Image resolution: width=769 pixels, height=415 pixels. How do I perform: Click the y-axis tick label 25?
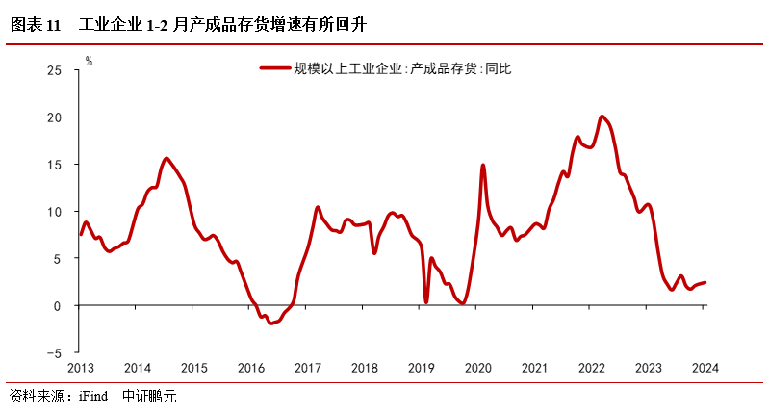pyautogui.click(x=55, y=70)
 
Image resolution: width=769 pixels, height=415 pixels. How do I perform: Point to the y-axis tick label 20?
pyautogui.click(x=55, y=117)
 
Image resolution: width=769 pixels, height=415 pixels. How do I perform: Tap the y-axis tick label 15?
pyautogui.click(x=55, y=165)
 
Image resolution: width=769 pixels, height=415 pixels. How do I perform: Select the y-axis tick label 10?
pyautogui.click(x=55, y=212)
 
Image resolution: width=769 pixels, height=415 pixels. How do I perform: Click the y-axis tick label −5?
pyautogui.click(x=54, y=353)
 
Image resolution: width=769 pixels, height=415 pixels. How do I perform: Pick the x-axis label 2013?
pyautogui.click(x=81, y=368)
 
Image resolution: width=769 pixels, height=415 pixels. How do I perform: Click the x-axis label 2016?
pyautogui.click(x=250, y=368)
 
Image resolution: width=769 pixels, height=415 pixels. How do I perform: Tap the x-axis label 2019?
pyautogui.click(x=422, y=368)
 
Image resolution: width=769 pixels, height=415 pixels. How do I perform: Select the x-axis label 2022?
pyautogui.click(x=591, y=368)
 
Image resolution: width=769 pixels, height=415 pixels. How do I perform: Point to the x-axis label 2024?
pyautogui.click(x=705, y=368)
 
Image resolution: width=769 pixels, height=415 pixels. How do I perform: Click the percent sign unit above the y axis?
pyautogui.click(x=89, y=61)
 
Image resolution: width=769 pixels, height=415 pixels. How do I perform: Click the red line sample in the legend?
pyautogui.click(x=274, y=68)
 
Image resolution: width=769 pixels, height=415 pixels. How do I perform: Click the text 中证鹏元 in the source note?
pyautogui.click(x=150, y=396)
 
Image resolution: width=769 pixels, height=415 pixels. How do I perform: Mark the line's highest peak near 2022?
pyautogui.click(x=602, y=117)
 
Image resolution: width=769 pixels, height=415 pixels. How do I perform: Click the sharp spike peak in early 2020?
pyautogui.click(x=482, y=166)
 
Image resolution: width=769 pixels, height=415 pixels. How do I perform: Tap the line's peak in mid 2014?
pyautogui.click(x=167, y=158)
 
